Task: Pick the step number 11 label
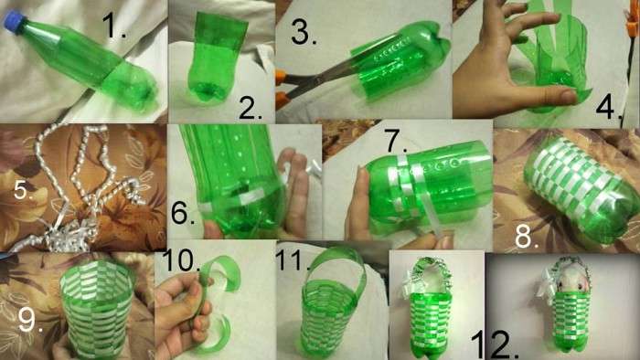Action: click(x=291, y=261)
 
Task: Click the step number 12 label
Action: click(x=494, y=344)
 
